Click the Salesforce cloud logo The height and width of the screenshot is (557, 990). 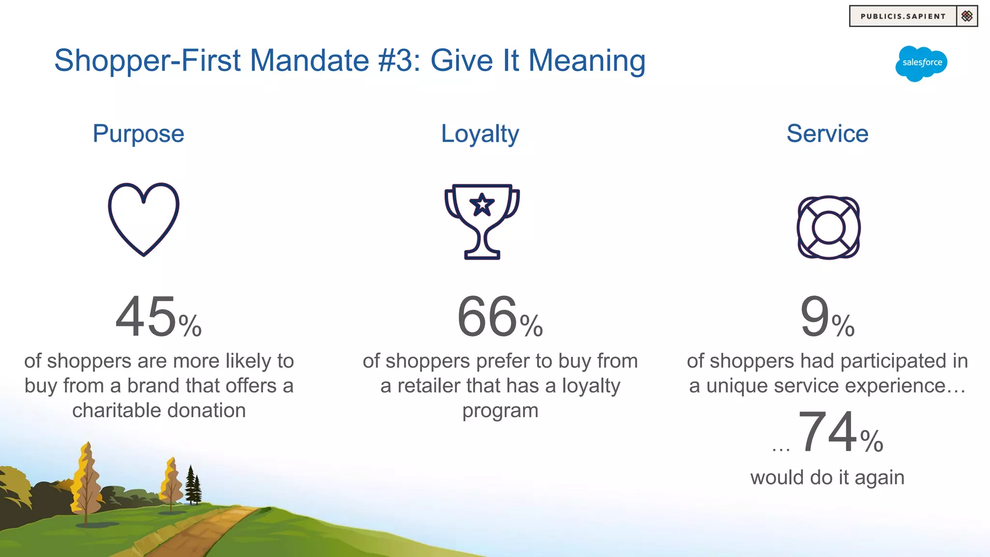tap(921, 63)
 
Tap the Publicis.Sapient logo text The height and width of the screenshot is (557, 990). tap(903, 16)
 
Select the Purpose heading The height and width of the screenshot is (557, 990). tap(138, 134)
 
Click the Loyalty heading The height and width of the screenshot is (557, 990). tap(480, 134)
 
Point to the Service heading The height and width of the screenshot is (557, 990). tap(827, 134)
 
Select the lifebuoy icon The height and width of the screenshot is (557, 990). tap(829, 227)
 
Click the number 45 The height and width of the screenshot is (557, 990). tap(146, 318)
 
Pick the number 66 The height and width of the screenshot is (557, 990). tap(487, 318)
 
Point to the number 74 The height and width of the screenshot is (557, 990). tap(828, 432)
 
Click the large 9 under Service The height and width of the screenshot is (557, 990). tap(815, 318)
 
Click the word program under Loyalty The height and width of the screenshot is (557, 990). tap(500, 411)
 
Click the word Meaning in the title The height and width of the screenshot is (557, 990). tap(586, 61)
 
